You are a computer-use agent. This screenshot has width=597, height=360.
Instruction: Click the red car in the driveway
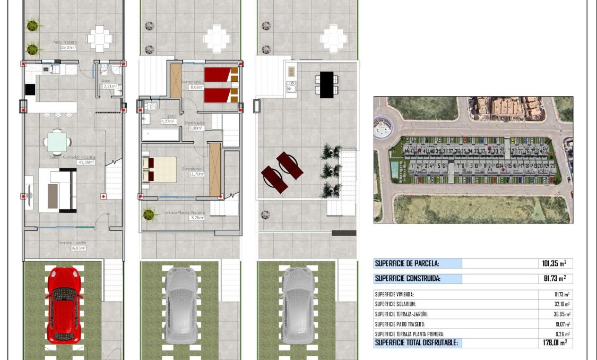tap(64, 305)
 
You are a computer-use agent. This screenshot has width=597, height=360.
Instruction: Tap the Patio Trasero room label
tap(65, 42)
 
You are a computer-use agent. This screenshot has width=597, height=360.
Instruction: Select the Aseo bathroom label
tap(106, 81)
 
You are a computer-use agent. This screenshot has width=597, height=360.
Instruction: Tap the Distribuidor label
tap(194, 123)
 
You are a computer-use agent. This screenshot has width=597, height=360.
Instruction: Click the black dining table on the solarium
tap(327, 84)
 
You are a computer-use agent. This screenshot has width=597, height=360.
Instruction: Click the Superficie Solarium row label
tap(395, 304)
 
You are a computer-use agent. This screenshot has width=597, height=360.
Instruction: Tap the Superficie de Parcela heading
tap(407, 263)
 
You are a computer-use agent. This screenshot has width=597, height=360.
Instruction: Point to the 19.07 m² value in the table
tap(561, 324)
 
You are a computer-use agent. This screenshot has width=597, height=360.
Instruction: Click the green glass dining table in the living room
tap(57, 142)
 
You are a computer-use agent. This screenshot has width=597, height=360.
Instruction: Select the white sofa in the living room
tap(58, 190)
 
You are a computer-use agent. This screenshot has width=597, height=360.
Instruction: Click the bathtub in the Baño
tap(161, 134)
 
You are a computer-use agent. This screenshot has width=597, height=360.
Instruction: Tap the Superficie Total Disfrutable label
tap(417, 343)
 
